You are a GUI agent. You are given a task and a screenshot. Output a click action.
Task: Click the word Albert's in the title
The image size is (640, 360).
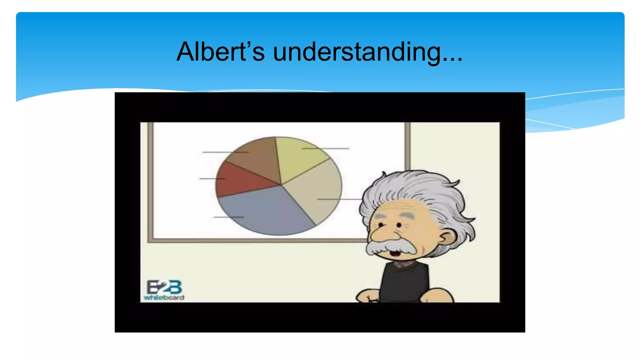click(x=221, y=52)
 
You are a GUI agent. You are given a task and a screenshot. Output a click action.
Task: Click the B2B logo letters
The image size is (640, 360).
click(x=164, y=287)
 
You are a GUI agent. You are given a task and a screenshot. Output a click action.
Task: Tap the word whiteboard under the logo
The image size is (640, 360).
click(x=164, y=297)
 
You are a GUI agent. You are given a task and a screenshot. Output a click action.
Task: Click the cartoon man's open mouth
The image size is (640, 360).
click(x=395, y=252)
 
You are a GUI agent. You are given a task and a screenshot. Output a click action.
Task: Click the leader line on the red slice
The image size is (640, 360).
click(x=212, y=179)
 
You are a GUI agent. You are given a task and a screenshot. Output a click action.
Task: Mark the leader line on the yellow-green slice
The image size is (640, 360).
click(x=325, y=148)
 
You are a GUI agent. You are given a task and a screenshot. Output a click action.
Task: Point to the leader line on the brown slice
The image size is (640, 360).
click(x=225, y=152)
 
